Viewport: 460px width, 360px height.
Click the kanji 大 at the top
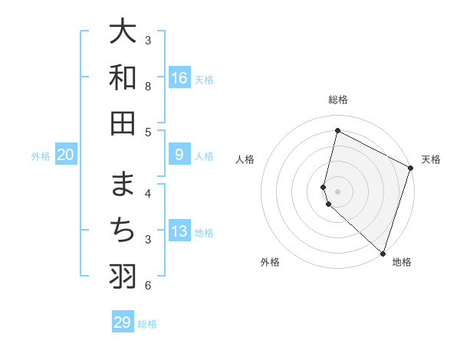[x=123, y=32]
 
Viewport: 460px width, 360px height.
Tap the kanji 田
[x=123, y=123]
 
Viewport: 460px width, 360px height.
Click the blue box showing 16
[x=179, y=78]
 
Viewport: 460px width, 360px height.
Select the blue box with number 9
[x=179, y=155]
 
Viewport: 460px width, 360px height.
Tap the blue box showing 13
[x=179, y=232]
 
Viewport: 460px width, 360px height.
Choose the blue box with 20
[x=66, y=155]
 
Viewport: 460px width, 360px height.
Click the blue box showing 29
[x=123, y=322]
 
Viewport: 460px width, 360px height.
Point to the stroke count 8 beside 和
[x=148, y=87]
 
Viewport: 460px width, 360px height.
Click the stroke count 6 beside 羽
[x=148, y=286]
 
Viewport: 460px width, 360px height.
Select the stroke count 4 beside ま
[x=148, y=194]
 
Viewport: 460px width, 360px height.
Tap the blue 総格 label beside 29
[x=147, y=324]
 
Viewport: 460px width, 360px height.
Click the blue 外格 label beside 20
[x=41, y=156]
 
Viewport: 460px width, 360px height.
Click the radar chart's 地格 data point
[x=383, y=254]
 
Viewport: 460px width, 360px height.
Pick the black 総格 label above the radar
[x=338, y=100]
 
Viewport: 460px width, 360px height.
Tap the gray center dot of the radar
[x=338, y=191]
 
